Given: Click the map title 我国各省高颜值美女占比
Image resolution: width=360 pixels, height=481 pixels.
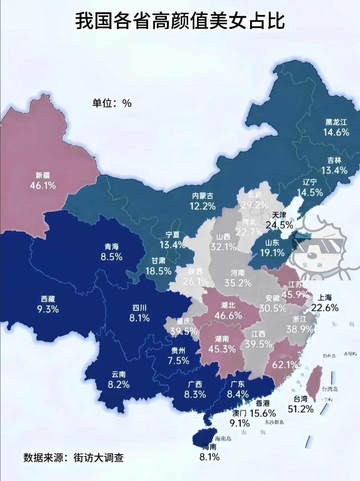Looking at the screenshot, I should [180, 21].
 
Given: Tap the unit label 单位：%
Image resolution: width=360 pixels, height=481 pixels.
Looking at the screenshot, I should [112, 103].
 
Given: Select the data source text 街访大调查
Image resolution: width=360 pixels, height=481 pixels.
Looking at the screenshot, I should [99, 457].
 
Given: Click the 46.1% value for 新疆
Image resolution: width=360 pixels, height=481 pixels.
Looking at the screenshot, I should [43, 186].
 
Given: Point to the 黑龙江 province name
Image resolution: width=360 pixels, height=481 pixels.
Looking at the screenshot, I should [336, 122].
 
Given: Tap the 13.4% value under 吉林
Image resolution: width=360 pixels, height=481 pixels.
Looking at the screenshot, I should [334, 170].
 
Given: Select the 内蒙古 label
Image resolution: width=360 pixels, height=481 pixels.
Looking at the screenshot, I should [202, 196].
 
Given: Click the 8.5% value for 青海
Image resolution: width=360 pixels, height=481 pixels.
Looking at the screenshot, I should [111, 257].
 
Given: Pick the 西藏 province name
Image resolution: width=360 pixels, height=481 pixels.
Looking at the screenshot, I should [48, 299].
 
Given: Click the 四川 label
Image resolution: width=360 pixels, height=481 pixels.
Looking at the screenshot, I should [139, 308].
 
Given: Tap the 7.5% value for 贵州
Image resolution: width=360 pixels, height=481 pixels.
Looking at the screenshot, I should [178, 361].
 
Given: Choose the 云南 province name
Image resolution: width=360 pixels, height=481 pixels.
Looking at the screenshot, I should [118, 375].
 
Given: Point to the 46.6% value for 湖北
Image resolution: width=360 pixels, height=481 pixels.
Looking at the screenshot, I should [228, 315].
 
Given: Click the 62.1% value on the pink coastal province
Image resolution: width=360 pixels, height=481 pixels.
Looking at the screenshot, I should [284, 365].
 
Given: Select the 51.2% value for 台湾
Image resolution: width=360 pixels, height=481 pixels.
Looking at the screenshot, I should [301, 409].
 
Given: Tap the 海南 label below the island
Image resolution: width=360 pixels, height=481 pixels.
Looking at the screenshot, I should [209, 447].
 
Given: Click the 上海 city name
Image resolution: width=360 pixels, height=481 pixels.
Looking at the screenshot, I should [325, 297].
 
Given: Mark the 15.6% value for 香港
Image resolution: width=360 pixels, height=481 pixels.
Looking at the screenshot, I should [263, 413].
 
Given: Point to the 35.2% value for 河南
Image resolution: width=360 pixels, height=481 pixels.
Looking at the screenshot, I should [238, 283].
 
